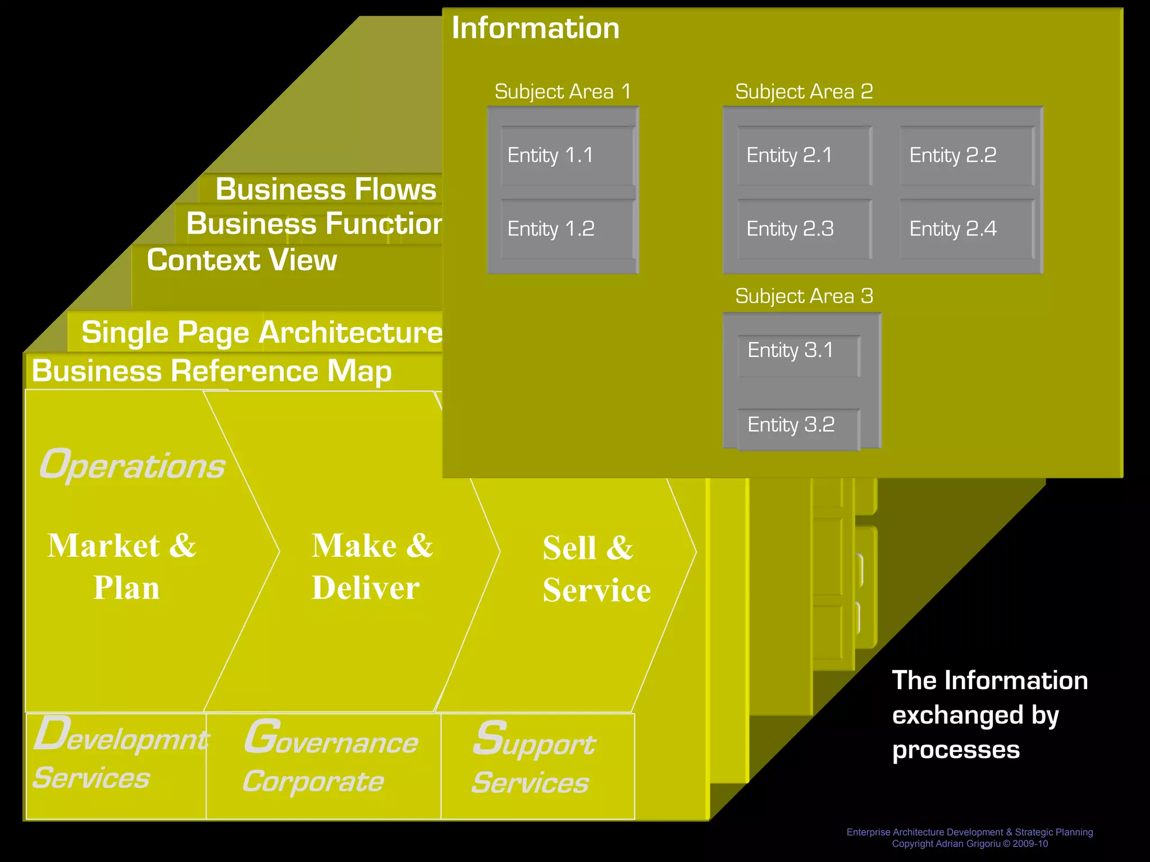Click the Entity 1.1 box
click(x=568, y=155)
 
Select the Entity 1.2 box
click(x=568, y=229)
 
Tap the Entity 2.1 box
click(x=804, y=155)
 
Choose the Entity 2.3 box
click(x=804, y=229)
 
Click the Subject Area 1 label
click(x=563, y=91)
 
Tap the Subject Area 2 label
click(x=804, y=91)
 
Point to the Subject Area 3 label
click(x=804, y=296)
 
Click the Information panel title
click(x=536, y=28)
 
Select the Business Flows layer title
click(x=326, y=189)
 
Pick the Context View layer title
click(x=242, y=260)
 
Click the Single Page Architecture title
click(x=262, y=332)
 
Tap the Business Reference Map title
click(x=212, y=371)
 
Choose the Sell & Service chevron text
click(x=596, y=569)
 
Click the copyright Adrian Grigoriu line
click(x=970, y=843)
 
